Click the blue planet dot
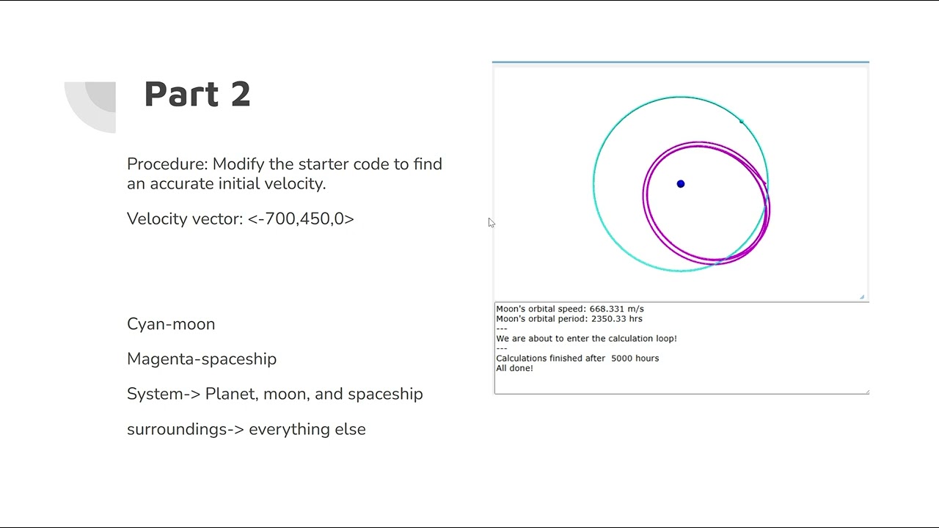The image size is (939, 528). [681, 184]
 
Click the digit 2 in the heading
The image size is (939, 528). [241, 94]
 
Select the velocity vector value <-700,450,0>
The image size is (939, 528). [301, 219]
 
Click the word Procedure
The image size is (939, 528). [166, 164]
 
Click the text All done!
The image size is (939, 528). [514, 368]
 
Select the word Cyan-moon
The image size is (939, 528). [171, 324]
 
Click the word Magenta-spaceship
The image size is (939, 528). [202, 359]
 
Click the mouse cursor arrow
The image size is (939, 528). [491, 222]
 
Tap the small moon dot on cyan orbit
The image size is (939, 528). [742, 122]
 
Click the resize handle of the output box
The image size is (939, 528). [866, 392]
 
